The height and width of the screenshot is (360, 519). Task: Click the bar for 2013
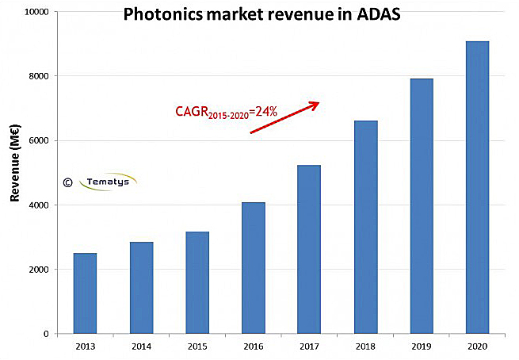[84, 293]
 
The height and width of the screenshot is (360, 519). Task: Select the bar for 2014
[142, 288]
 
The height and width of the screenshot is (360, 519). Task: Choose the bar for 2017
[309, 249]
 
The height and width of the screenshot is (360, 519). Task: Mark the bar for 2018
[366, 227]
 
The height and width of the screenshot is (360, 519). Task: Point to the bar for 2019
[422, 206]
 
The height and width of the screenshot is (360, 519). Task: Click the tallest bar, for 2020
[477, 187]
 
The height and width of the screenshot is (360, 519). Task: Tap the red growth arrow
[284, 117]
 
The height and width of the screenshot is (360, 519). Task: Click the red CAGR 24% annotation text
[226, 113]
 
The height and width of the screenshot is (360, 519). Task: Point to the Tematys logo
[109, 182]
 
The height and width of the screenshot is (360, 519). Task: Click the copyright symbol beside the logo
[67, 182]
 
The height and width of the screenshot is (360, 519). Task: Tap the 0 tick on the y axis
[46, 334]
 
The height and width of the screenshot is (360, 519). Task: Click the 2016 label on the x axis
[254, 346]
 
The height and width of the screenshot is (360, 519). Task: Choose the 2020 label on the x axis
[477, 346]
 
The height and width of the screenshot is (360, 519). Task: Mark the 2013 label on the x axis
[85, 346]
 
